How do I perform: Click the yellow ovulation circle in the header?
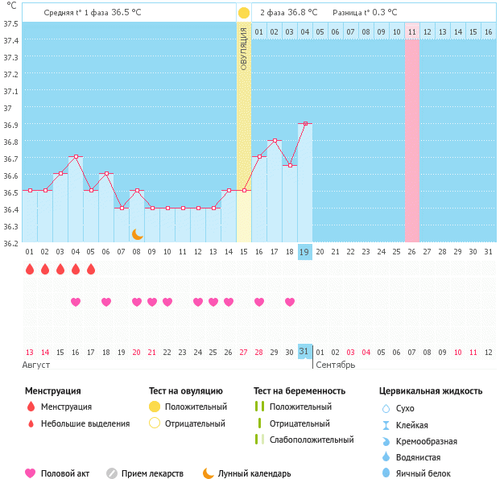(x=244, y=13)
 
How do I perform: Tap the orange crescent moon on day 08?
(x=137, y=234)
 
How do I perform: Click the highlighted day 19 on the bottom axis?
(x=304, y=252)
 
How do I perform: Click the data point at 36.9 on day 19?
(x=304, y=124)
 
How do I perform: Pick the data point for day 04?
(x=76, y=157)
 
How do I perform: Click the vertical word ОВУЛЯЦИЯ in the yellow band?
(x=244, y=48)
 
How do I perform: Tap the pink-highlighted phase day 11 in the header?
(x=412, y=31)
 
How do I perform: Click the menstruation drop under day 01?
(x=30, y=269)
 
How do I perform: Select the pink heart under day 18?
(x=290, y=302)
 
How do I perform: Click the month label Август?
(x=37, y=365)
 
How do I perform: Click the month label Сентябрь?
(x=335, y=365)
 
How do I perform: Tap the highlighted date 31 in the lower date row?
(x=304, y=352)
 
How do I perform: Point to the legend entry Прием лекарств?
(x=152, y=473)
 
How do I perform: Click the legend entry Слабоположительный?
(x=312, y=440)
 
